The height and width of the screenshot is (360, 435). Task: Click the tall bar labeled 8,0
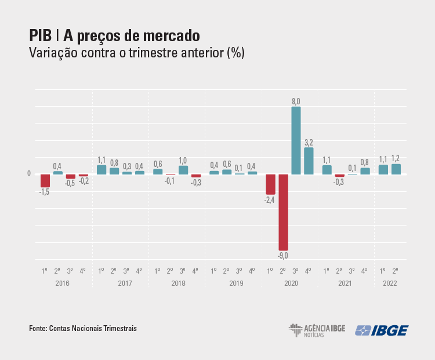(296, 140)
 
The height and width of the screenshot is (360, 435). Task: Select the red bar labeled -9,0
(283, 212)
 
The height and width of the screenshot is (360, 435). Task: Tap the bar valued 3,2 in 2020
(309, 161)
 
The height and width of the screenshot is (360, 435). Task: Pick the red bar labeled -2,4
(270, 184)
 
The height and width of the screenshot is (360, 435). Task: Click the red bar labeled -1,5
(45, 180)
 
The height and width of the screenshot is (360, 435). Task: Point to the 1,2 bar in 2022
(396, 169)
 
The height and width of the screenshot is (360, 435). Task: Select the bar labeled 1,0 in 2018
(183, 170)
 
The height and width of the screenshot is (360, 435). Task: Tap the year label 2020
(289, 283)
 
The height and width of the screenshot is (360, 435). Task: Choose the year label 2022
(390, 283)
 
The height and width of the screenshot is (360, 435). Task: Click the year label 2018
(176, 283)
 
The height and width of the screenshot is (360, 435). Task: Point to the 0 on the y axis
(29, 173)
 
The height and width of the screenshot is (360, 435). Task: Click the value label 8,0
(296, 101)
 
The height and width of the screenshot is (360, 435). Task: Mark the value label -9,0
(283, 255)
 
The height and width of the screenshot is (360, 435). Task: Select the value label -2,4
(270, 199)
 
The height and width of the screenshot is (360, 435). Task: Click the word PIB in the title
(41, 36)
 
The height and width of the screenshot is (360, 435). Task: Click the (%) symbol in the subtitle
(236, 53)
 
